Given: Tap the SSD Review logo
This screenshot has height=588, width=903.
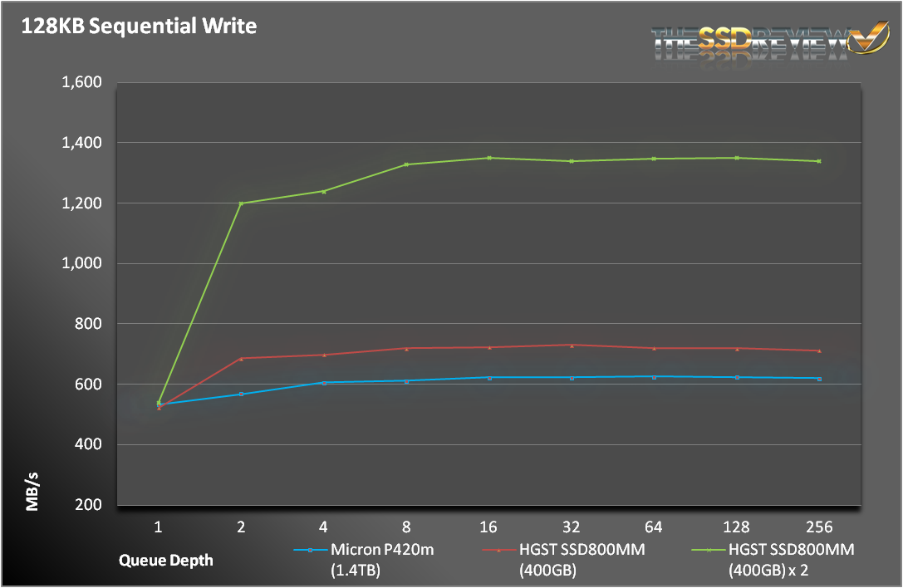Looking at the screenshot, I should coord(770,41).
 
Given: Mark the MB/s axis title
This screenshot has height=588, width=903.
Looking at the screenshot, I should coord(32,490).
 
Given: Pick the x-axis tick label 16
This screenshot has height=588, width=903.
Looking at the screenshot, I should coord(489,527).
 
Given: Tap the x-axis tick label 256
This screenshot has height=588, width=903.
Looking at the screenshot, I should coord(819,527).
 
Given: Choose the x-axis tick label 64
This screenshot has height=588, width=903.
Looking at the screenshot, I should coord(654,527).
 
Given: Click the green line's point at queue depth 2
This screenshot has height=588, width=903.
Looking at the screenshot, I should coord(241,203).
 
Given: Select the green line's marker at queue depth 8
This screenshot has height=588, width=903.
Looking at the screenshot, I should coord(406,164).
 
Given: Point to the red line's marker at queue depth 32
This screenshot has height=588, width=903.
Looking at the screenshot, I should coord(572,345).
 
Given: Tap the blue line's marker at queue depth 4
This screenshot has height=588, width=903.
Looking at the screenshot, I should coord(324,383).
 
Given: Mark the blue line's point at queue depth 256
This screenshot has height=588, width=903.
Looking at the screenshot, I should coord(819,379).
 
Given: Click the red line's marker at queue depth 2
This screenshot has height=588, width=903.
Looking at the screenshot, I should coord(241,359).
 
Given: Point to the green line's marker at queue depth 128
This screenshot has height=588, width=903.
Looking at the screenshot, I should coord(737,158).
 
